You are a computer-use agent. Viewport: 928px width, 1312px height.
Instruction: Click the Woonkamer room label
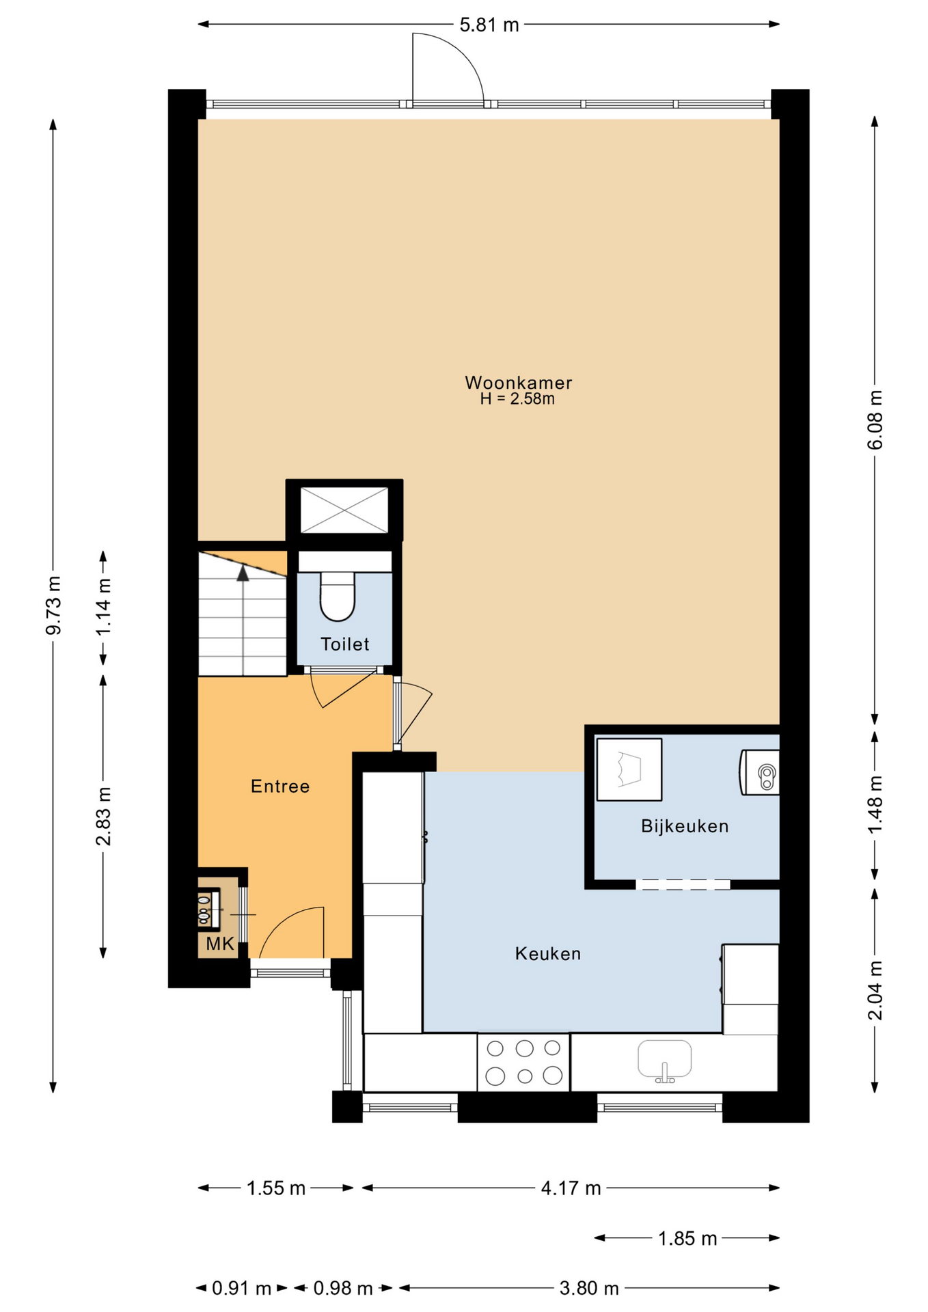point(518,383)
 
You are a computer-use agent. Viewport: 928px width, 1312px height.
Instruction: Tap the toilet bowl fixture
point(338,597)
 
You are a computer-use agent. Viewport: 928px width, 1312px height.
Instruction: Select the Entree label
point(280,787)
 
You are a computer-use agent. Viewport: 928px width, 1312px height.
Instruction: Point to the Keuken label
point(548,953)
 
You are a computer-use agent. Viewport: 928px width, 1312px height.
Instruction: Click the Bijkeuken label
point(685,827)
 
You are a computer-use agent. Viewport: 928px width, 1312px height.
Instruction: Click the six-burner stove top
point(523,1062)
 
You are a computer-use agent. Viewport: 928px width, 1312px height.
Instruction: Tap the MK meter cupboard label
point(220,944)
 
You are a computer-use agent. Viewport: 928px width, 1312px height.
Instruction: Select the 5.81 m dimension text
point(489,25)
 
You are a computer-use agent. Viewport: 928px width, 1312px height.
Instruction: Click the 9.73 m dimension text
point(53,605)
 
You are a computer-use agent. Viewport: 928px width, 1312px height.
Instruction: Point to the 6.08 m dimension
point(875,420)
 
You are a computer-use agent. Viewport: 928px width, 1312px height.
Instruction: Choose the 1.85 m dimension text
point(687,1238)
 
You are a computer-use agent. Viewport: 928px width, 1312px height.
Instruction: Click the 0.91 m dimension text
point(242,1288)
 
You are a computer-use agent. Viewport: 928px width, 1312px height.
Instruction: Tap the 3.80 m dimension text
point(589,1288)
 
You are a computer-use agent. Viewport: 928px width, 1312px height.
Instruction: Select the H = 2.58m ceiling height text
point(517,399)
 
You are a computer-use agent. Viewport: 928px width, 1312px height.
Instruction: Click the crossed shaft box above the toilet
point(344,510)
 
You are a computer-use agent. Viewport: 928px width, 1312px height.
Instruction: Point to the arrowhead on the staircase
point(243,573)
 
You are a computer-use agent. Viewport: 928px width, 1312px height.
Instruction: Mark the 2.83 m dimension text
point(103,816)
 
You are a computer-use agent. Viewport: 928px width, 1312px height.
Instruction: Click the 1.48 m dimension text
point(875,804)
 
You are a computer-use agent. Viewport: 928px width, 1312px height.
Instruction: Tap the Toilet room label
point(345,644)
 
